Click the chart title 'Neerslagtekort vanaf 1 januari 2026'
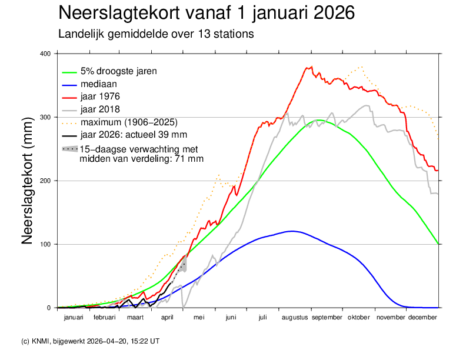pyautogui.click(x=207, y=13)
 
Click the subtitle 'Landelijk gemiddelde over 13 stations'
pyautogui.click(x=156, y=34)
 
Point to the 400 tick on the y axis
pyautogui.click(x=46, y=54)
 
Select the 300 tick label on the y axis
pyautogui.click(x=46, y=117)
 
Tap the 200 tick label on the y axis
pyautogui.click(x=46, y=181)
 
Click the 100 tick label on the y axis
pyautogui.click(x=46, y=244)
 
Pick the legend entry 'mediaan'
pyautogui.click(x=99, y=84)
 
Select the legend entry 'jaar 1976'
pyautogui.click(x=101, y=96)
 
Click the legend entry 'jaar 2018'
pyautogui.click(x=101, y=109)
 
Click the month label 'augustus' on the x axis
pyautogui.click(x=294, y=318)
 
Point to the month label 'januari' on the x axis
pyautogui.click(x=73, y=318)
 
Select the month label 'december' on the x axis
pyautogui.click(x=422, y=318)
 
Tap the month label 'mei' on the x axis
pyautogui.click(x=199, y=318)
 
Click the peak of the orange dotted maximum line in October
pyautogui.click(x=361, y=67)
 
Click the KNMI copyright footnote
pyautogui.click(x=89, y=341)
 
